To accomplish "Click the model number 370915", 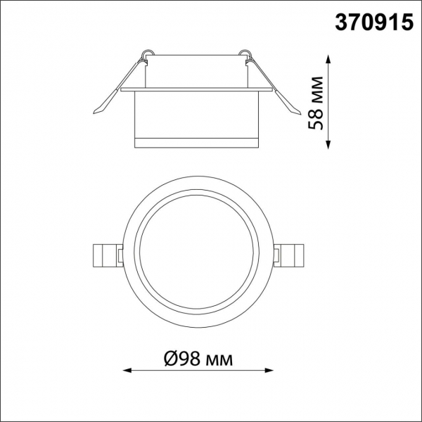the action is [x=374, y=23].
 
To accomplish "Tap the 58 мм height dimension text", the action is [x=315, y=103].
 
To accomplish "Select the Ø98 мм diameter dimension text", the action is [x=198, y=359].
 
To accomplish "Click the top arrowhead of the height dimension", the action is [x=328, y=58].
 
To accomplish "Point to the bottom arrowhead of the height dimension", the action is [x=328, y=145].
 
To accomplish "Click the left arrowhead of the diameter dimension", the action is [x=127, y=371].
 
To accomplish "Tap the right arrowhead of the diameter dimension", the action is [x=269, y=371].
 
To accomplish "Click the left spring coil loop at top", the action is [x=147, y=53].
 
